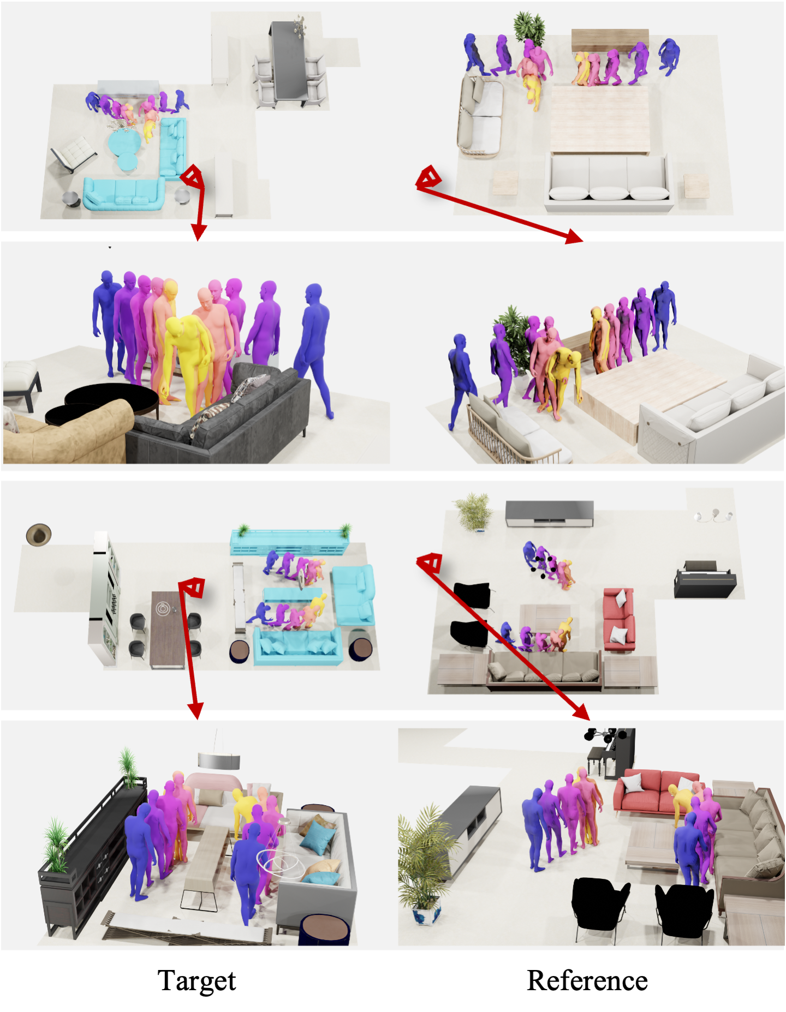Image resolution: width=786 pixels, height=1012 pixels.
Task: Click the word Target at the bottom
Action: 196,980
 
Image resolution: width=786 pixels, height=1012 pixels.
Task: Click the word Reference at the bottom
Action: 587,980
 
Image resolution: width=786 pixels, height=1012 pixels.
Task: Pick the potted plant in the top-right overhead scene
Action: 529,27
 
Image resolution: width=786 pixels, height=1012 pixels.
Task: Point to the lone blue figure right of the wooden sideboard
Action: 669,56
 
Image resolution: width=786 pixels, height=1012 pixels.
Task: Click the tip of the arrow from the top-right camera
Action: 583,240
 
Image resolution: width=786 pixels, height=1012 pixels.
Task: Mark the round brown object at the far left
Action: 39,534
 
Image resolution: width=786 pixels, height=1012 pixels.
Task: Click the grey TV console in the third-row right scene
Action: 549,514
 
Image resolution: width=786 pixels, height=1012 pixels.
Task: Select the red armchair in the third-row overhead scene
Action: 619,619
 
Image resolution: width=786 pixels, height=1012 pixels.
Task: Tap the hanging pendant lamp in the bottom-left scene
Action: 219,759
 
